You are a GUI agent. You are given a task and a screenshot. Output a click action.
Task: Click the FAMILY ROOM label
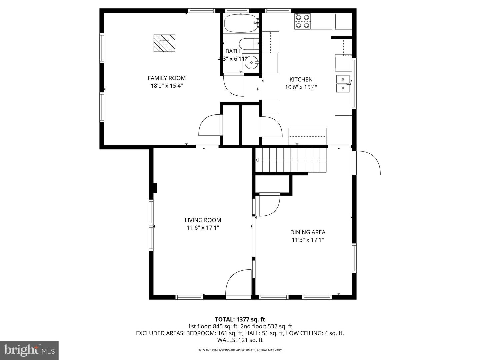[x=167, y=78]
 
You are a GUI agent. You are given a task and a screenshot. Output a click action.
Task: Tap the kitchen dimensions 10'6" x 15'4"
[x=301, y=87]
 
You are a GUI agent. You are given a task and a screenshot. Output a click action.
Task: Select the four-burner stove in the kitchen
[x=302, y=21]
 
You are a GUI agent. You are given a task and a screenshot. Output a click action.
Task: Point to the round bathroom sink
[x=251, y=63]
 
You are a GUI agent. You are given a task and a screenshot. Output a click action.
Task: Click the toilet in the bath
[x=249, y=44]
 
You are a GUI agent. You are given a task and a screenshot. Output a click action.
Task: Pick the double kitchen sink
[x=343, y=84]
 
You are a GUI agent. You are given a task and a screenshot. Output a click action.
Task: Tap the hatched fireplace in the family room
[x=164, y=43]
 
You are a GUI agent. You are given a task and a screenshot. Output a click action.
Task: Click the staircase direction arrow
[x=257, y=160]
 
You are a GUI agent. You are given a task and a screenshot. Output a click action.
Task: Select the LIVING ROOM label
[x=203, y=220]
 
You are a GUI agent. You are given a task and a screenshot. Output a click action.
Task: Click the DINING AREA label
[x=308, y=232]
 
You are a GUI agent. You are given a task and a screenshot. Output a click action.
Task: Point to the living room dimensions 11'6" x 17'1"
[x=203, y=228]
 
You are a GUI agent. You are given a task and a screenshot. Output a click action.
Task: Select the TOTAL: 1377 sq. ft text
[x=240, y=319]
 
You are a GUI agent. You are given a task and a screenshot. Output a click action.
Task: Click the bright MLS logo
[x=29, y=350]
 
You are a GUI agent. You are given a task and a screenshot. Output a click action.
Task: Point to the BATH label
[x=232, y=51]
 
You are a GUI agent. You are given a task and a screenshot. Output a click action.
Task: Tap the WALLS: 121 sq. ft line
[x=240, y=340]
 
